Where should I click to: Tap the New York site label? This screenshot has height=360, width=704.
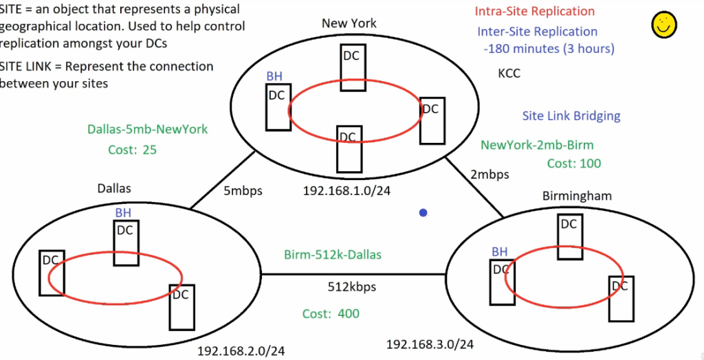349,23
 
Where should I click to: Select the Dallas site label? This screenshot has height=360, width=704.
113,188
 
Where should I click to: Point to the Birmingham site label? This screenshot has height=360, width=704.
577,196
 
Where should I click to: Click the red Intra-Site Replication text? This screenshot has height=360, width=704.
534,12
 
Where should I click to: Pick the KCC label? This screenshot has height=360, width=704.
509,73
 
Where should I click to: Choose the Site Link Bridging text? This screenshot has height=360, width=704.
571,116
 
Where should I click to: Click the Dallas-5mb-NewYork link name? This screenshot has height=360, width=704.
147,129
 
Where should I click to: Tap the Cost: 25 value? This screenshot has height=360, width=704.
133,150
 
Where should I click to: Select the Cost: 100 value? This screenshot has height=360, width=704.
573,164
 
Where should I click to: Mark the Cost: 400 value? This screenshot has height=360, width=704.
331,314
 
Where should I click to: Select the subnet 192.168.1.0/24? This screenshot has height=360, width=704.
346,191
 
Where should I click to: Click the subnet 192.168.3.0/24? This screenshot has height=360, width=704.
430,344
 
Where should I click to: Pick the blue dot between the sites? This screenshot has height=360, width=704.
423,214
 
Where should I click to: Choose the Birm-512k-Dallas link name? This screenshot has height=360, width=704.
333,255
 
